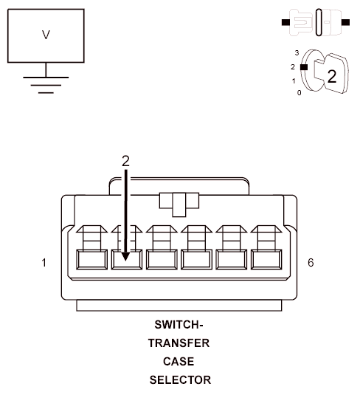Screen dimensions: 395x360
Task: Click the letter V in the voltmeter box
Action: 46,34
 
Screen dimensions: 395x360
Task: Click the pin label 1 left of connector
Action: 45,262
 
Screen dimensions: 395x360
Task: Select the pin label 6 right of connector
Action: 311,262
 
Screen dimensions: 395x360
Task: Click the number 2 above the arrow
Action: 125,159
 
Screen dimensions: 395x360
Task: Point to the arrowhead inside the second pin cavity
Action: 126,255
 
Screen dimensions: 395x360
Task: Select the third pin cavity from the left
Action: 161,259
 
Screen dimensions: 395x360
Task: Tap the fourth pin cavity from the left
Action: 196,259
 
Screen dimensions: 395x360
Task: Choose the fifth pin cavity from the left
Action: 231,259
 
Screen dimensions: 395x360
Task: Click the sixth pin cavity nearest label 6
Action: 266,259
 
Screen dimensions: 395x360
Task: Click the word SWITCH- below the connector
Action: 180,325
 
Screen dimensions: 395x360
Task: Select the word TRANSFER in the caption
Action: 180,343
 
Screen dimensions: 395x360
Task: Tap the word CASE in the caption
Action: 180,362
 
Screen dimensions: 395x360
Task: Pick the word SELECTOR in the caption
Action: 180,380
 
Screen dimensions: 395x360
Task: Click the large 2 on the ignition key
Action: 331,77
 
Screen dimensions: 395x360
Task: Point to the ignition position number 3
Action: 296,54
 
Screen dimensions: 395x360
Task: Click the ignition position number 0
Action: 299,93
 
